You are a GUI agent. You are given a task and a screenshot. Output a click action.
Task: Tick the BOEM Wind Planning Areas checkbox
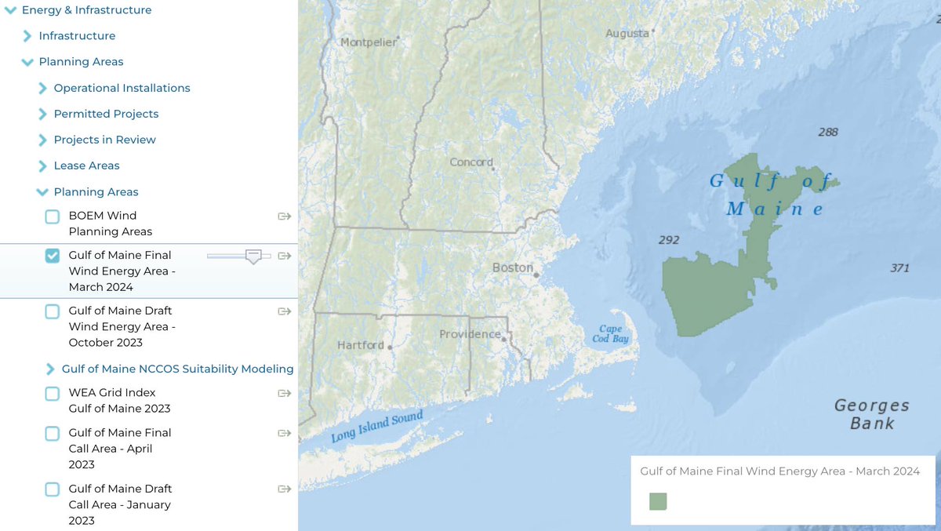tap(52, 216)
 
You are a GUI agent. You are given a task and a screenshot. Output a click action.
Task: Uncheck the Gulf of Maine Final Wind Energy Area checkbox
tap(52, 256)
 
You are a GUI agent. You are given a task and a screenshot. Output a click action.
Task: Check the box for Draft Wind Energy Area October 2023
tap(52, 311)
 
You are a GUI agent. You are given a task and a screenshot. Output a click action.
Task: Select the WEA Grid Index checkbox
tap(52, 394)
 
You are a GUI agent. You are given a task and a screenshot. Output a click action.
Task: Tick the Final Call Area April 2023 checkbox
tap(52, 434)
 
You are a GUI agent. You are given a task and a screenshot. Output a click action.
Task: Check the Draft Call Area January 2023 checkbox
tap(52, 489)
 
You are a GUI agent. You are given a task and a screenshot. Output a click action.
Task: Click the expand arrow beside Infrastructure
tap(27, 36)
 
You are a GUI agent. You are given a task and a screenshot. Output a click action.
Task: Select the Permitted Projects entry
tap(106, 114)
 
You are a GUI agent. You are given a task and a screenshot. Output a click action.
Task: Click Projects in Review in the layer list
tap(104, 140)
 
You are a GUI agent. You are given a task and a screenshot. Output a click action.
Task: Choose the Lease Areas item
tap(86, 165)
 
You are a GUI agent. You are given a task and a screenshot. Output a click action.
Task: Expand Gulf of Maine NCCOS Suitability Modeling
tap(50, 369)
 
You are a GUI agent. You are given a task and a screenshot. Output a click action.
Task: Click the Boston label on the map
tap(512, 267)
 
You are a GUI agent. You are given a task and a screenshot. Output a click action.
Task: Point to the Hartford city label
tap(361, 345)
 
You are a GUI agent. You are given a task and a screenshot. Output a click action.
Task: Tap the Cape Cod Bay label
tap(610, 334)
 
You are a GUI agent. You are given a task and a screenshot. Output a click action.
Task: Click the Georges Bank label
tap(871, 414)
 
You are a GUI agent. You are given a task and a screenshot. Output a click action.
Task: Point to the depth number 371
tap(899, 268)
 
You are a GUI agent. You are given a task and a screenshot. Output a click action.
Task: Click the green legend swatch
tap(658, 501)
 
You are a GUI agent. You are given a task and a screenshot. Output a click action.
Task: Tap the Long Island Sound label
tap(376, 426)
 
